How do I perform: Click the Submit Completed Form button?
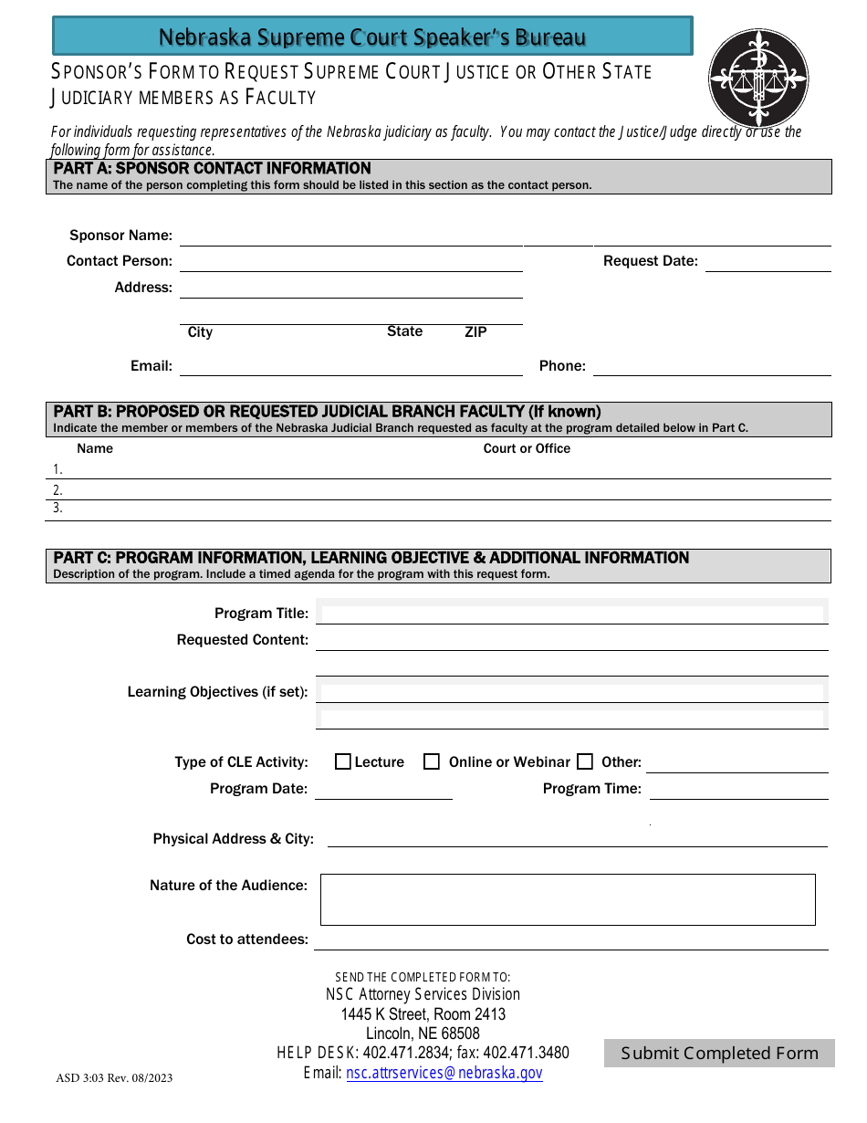[719, 1053]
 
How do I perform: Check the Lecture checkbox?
[343, 761]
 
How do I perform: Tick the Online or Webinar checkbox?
[432, 761]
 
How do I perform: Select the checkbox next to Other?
[585, 761]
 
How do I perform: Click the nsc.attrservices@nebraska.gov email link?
[444, 1074]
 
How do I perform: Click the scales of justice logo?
[758, 79]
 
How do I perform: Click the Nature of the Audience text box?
[567, 899]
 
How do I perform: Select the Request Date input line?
[768, 262]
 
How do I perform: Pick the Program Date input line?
[383, 790]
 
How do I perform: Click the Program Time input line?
[738, 790]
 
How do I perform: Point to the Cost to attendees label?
[247, 939]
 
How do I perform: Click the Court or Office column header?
[527, 448]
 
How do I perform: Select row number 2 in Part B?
[438, 490]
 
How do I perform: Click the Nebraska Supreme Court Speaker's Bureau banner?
[372, 37]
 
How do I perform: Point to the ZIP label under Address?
[475, 332]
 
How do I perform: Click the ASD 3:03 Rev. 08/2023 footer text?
[114, 1078]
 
